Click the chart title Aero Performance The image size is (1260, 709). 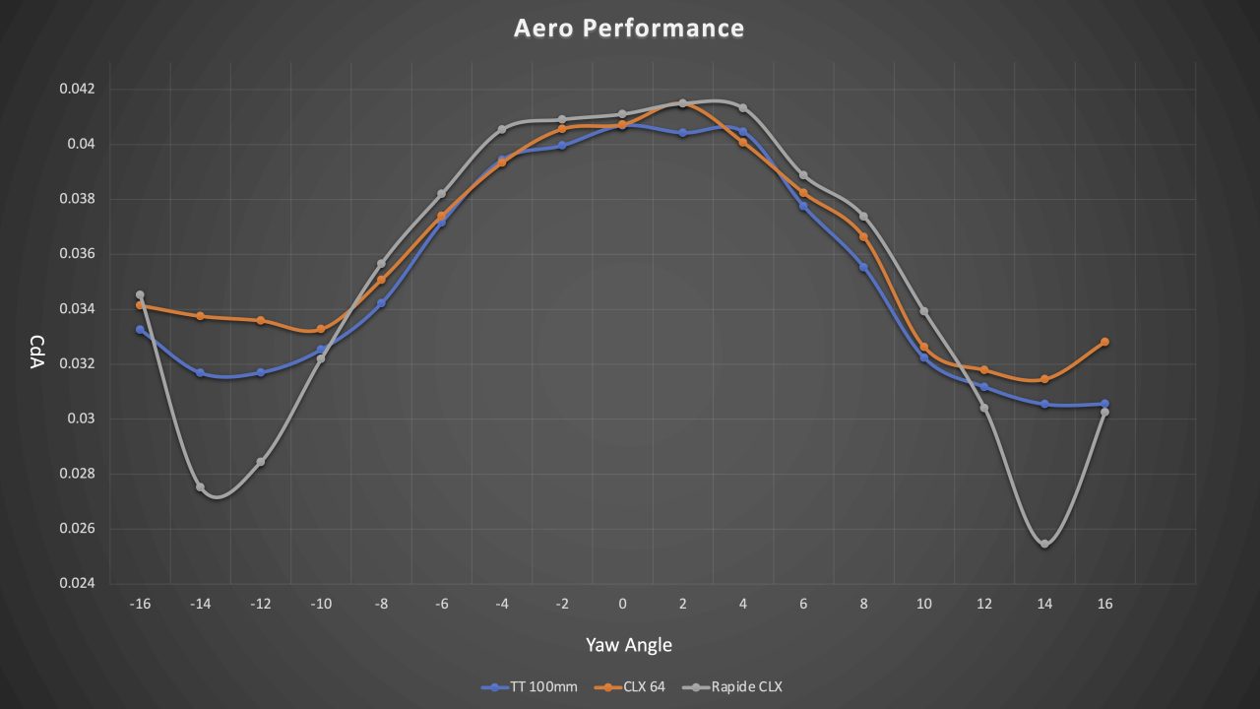[629, 29]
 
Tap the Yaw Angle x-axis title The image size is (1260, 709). [629, 645]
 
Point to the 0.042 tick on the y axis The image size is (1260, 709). [75, 90]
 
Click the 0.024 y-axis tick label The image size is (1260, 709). [75, 584]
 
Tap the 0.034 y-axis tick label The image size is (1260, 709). [75, 309]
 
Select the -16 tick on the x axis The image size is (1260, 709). [140, 604]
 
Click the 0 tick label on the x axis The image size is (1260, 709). [622, 604]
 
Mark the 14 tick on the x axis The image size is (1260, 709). [1044, 604]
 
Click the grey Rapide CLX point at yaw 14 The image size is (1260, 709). [1044, 544]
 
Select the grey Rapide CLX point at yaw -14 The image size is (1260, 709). [200, 487]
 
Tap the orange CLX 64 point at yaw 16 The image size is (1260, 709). [1104, 342]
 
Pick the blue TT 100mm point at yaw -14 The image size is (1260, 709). [200, 373]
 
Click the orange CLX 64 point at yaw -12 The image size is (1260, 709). [261, 320]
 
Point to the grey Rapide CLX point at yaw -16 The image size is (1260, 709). [140, 294]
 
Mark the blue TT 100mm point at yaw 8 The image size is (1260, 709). [863, 267]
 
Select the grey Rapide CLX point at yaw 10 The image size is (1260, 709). [923, 311]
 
